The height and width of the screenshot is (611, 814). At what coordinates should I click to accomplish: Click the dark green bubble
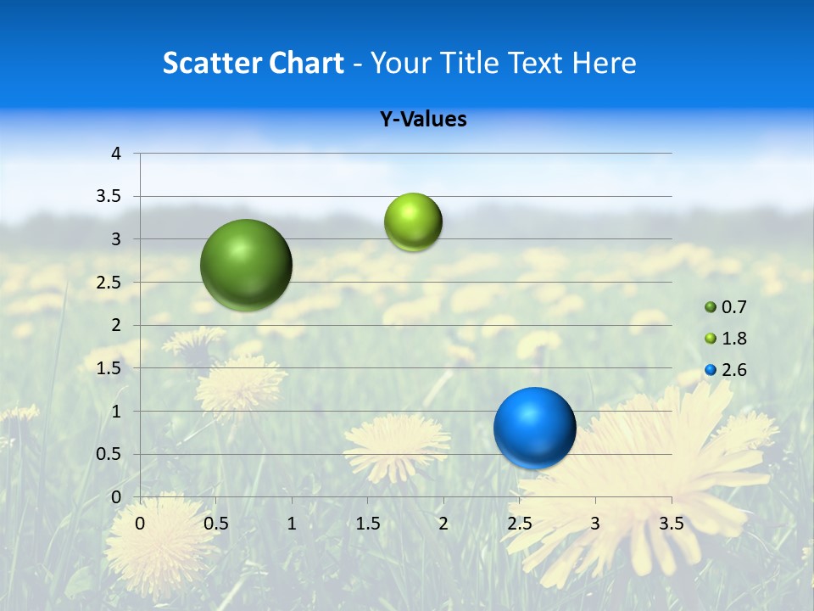tap(247, 265)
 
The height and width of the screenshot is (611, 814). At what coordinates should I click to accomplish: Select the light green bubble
tap(413, 222)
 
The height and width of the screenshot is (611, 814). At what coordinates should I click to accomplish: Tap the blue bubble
tap(535, 429)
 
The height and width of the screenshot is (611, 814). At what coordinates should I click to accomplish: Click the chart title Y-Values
tap(423, 120)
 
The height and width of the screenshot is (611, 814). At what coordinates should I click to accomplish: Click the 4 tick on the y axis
tap(116, 154)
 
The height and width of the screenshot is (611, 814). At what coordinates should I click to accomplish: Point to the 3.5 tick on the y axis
tap(110, 197)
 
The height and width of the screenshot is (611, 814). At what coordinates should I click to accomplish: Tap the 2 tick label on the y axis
tap(116, 325)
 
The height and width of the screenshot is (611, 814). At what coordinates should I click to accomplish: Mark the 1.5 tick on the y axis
tap(110, 368)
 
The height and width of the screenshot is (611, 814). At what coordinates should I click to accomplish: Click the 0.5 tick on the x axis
tap(216, 524)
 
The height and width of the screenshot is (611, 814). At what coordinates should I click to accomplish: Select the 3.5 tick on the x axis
tap(672, 524)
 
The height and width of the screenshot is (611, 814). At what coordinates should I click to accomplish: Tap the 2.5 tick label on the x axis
tap(520, 524)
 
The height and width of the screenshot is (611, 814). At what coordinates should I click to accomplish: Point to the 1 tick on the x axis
tap(292, 524)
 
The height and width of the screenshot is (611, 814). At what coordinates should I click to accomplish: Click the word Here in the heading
tap(604, 63)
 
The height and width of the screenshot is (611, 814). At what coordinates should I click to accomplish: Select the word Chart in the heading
tap(306, 63)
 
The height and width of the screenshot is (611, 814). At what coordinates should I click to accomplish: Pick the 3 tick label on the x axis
tap(595, 524)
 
